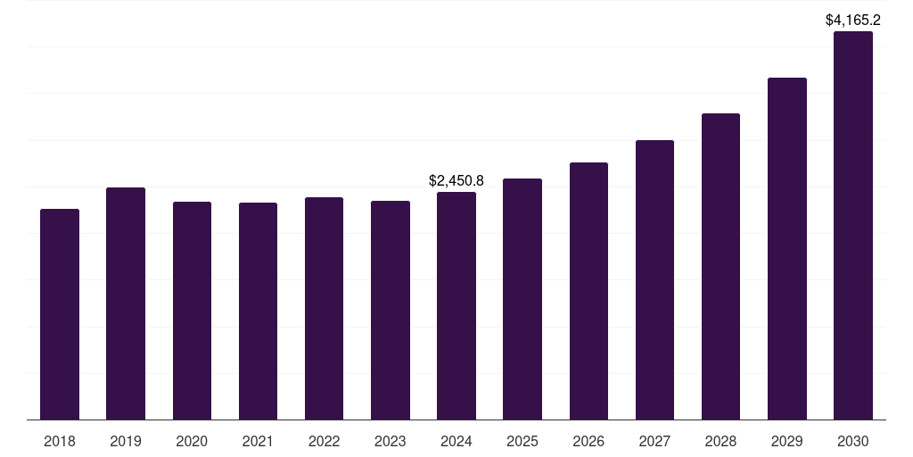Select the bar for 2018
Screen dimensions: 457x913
[x=60, y=314]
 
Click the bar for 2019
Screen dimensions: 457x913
[x=126, y=303]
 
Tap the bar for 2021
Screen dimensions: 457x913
[x=258, y=311]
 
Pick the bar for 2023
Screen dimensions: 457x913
[x=391, y=310]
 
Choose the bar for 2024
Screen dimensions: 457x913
[x=456, y=305]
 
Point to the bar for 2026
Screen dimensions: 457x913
[x=588, y=291]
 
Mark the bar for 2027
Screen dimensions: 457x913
[x=654, y=279]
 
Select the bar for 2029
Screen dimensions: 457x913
[x=787, y=248]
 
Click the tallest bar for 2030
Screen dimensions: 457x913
[x=853, y=225]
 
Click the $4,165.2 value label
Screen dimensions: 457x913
[x=853, y=19]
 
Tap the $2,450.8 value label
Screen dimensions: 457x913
[x=456, y=180]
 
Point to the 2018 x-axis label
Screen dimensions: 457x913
[x=60, y=441]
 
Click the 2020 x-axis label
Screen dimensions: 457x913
[x=192, y=441]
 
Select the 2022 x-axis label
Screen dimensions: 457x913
[x=324, y=441]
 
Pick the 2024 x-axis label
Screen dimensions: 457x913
[x=456, y=441]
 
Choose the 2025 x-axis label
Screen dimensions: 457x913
[x=522, y=441]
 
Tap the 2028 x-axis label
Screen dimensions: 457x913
[x=720, y=441]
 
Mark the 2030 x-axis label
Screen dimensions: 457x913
[x=853, y=441]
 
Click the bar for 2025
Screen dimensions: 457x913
[x=522, y=299]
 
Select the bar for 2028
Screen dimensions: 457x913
[x=720, y=266]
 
